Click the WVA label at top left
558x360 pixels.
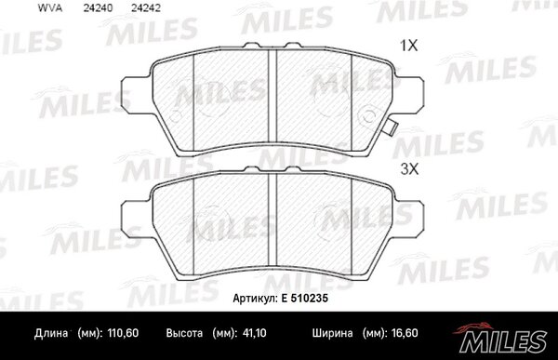[x=50, y=8]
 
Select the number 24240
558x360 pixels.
[x=98, y=8]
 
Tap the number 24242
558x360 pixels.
[x=146, y=8]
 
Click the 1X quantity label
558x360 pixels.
[x=409, y=46]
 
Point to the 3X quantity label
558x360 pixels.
[x=409, y=169]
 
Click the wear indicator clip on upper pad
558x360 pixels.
[x=392, y=127]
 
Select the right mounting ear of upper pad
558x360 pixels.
[x=409, y=95]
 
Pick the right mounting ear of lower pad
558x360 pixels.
[x=409, y=218]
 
